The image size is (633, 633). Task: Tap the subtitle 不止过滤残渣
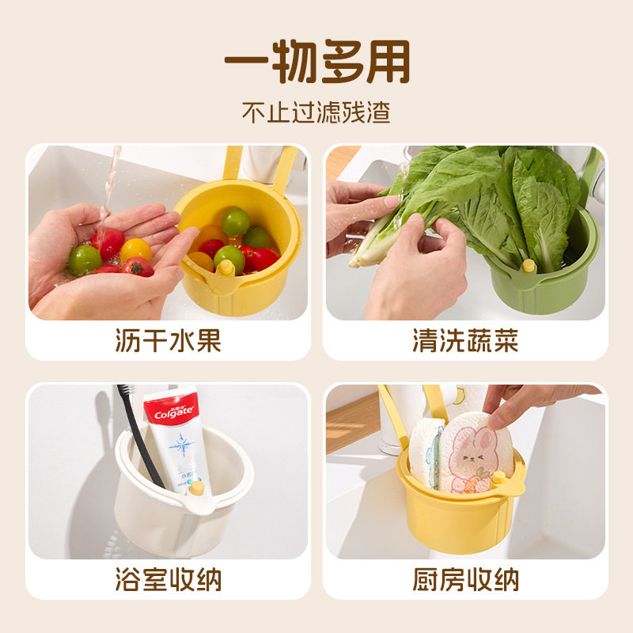point(316,112)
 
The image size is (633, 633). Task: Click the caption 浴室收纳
point(168,580)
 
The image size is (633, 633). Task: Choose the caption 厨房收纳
point(465,580)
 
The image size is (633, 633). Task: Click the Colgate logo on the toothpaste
point(169,414)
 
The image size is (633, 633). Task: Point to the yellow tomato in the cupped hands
point(136,249)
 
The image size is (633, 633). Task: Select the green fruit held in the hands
point(85,259)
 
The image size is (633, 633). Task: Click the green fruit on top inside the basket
point(235,221)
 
